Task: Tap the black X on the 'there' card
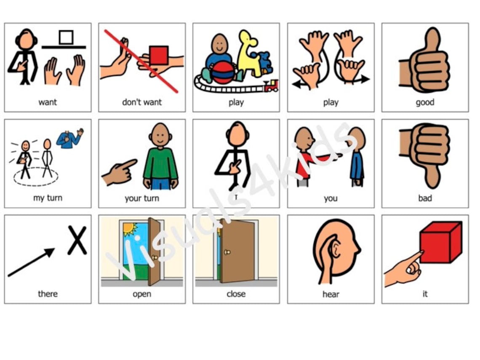pos(77,240)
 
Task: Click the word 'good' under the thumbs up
pos(425,102)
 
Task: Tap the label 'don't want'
pos(142,102)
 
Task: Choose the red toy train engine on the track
pos(271,86)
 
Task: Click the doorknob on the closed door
pos(228,252)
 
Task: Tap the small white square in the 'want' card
pos(66,37)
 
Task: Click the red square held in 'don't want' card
pos(159,55)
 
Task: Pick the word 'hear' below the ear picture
pos(331,294)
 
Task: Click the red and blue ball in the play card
pos(223,73)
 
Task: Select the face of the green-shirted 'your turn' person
pos(160,135)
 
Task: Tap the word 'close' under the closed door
pos(236,294)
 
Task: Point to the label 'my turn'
pos(48,198)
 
